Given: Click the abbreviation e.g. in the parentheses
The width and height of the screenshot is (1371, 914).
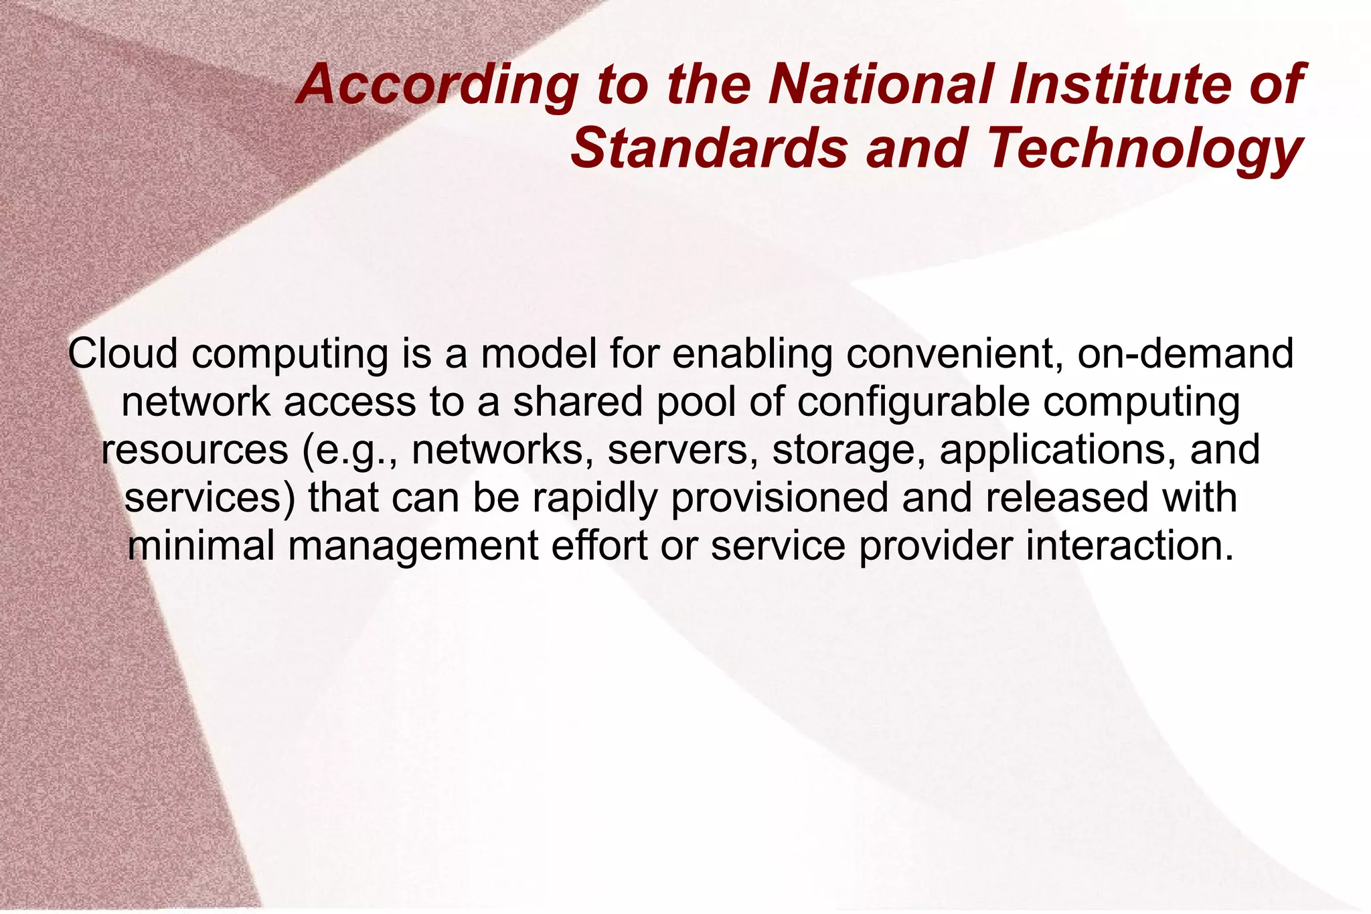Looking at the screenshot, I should pyautogui.click(x=349, y=450).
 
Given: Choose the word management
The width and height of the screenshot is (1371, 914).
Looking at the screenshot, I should pyautogui.click(x=413, y=546).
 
